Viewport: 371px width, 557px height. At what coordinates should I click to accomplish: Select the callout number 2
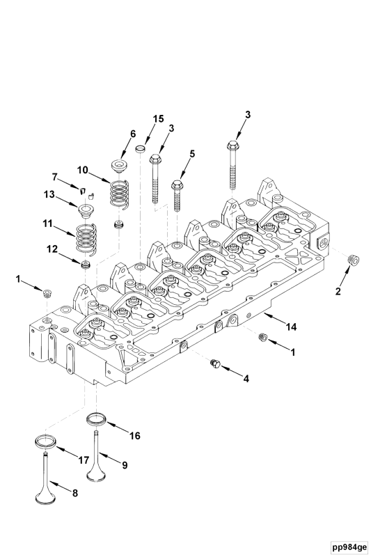coord(338,292)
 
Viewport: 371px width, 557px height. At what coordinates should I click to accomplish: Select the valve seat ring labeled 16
coord(96,420)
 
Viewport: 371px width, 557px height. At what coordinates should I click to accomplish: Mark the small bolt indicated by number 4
coord(214,363)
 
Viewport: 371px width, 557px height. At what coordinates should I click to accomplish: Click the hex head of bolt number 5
coord(178,185)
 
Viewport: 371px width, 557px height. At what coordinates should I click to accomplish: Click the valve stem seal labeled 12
coord(86,265)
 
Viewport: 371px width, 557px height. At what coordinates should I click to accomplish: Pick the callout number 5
coord(192,153)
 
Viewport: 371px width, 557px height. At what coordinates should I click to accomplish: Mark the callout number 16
coord(134,435)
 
